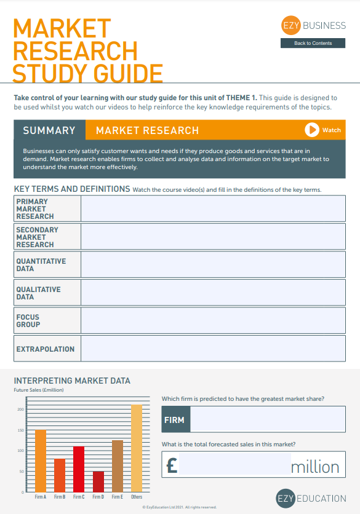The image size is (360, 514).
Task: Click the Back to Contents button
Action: (x=313, y=43)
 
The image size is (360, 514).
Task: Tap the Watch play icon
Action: (x=312, y=130)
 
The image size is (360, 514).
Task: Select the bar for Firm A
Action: (x=41, y=461)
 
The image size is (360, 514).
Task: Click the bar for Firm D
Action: (x=98, y=481)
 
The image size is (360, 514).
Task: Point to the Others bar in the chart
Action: (x=137, y=448)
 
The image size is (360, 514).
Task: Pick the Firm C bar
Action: (x=79, y=469)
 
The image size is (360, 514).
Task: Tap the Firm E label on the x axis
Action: (x=118, y=497)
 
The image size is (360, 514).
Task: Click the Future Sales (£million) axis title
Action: (x=39, y=390)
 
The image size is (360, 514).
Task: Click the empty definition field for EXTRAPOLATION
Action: (x=213, y=349)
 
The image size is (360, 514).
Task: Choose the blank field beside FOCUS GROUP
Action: (x=213, y=320)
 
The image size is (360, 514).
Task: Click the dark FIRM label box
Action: (x=176, y=421)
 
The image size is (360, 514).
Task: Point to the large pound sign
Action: (x=172, y=465)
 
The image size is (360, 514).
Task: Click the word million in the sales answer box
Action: (x=314, y=467)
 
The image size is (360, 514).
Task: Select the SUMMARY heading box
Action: (x=49, y=130)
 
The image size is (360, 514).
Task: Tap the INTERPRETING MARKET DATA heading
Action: (x=72, y=381)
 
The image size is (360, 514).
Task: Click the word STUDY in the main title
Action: (x=49, y=73)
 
